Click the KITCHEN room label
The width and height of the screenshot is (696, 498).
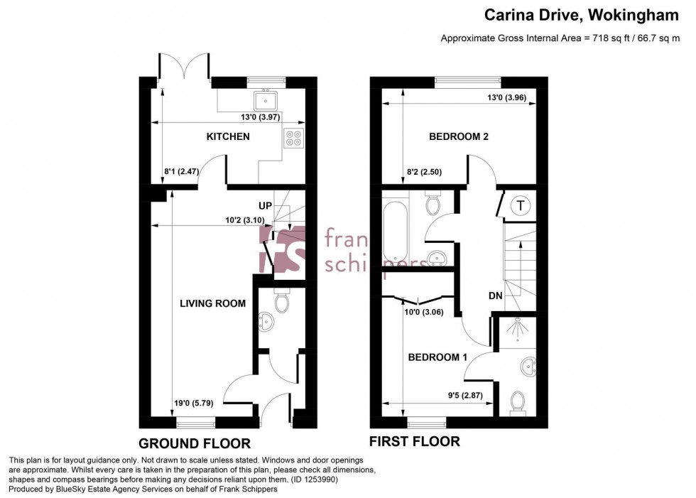228,136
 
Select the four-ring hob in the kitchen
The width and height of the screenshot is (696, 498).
293,138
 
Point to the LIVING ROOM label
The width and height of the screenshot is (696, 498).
212,303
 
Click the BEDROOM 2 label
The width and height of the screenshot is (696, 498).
458,136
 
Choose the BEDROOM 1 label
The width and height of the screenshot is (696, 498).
437,357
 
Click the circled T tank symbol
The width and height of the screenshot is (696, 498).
521,206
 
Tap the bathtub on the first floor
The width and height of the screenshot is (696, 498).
393,229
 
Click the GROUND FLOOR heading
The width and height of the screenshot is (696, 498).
194,443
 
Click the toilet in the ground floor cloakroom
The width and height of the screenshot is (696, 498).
282,302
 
